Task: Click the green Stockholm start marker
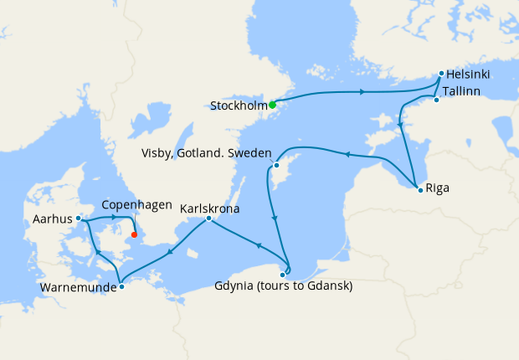click(x=273, y=105)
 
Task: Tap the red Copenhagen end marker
click(x=134, y=234)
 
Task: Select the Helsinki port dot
click(x=441, y=74)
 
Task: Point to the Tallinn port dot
click(x=436, y=100)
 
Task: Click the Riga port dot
click(x=419, y=188)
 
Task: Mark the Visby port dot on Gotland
click(x=275, y=165)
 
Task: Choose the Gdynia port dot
click(x=282, y=274)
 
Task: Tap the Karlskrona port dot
click(x=208, y=219)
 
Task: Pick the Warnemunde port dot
click(x=121, y=287)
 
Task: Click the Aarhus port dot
click(x=78, y=218)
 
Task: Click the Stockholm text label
click(x=239, y=106)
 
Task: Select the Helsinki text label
click(x=468, y=75)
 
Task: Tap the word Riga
click(x=437, y=188)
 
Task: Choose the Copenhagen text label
click(x=136, y=204)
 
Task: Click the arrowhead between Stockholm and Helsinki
click(x=361, y=91)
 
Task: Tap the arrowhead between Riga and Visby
click(x=347, y=154)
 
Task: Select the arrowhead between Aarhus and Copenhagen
click(x=114, y=218)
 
